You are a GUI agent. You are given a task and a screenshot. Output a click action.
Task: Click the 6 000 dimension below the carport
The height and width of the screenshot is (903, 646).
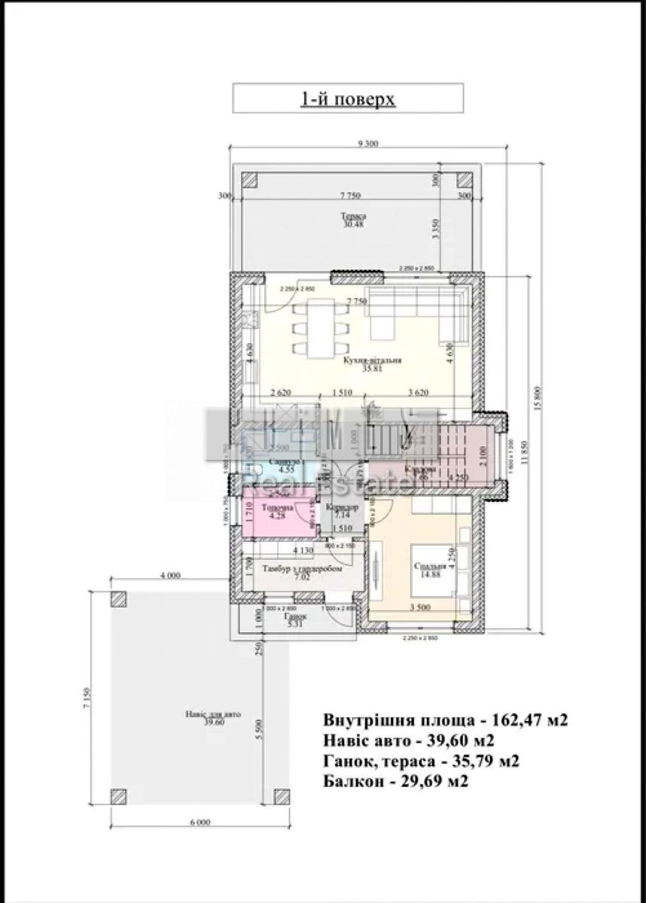click(200, 822)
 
